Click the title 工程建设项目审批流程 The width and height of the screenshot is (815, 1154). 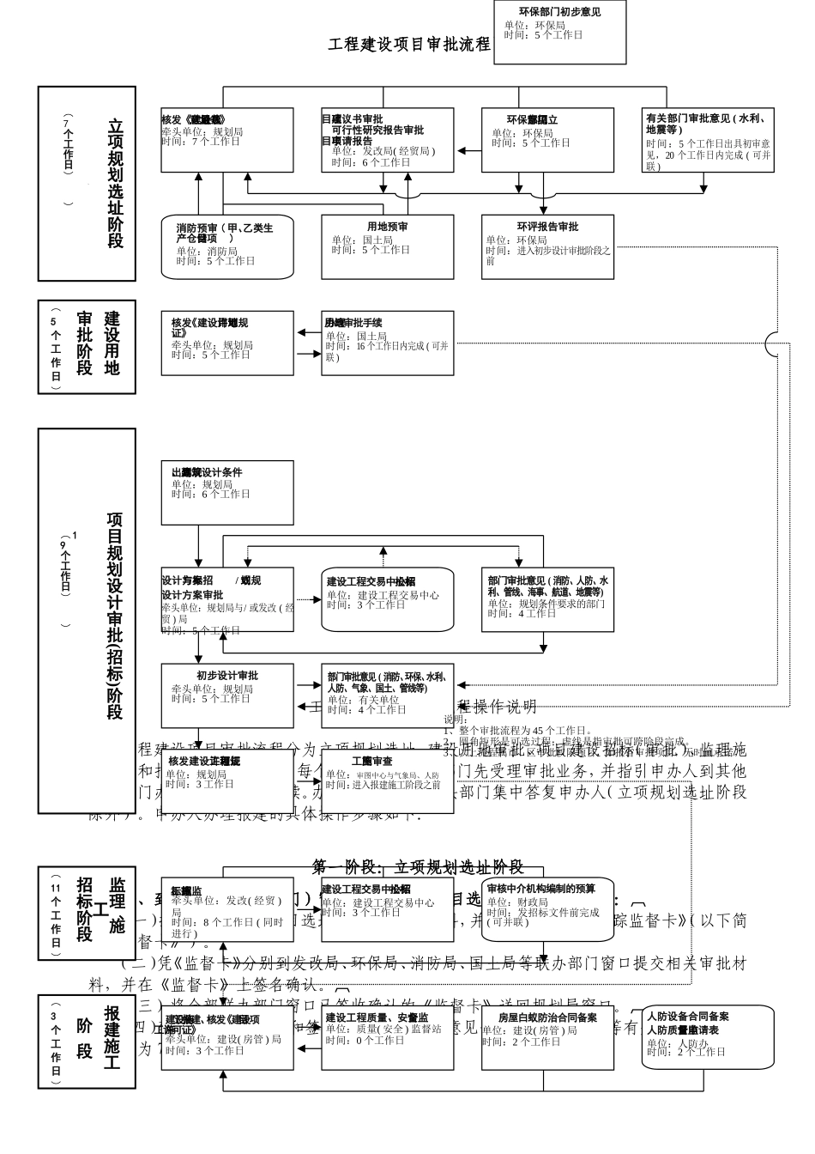tap(408, 44)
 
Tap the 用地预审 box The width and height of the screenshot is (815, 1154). tap(387, 246)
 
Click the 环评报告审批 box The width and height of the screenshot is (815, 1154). tap(547, 246)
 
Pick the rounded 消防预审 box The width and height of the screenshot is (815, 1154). tap(227, 246)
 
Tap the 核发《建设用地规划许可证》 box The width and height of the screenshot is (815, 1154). tap(227, 343)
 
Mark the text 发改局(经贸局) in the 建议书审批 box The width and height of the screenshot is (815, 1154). tap(383, 151)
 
